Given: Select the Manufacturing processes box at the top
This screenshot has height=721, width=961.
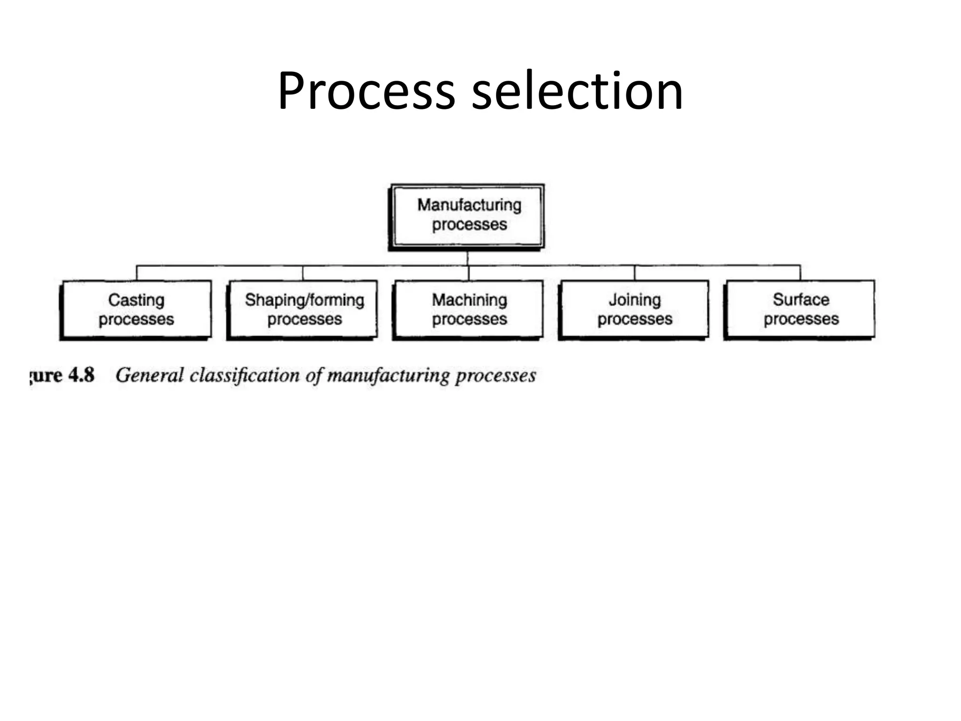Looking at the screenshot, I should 468,216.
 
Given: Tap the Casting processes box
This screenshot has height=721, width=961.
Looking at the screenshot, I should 137,309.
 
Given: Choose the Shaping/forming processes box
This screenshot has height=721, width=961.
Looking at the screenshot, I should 303,309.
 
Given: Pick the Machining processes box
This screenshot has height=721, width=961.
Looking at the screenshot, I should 469,309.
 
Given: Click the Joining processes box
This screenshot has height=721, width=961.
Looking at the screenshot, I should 634,309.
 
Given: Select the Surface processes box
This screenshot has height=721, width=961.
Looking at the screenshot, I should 800,309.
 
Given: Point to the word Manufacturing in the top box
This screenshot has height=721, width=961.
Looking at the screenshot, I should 469,205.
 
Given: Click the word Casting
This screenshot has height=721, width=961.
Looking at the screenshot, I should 136,300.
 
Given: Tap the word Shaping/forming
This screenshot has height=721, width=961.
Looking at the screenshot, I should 305,300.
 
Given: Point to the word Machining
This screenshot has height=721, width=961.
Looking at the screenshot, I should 469,300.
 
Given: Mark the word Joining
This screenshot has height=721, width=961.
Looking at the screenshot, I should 634,299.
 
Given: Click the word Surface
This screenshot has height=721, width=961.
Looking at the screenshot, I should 801,299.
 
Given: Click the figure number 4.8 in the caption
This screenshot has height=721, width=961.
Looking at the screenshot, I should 81,375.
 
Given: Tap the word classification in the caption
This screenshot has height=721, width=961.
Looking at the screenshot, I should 244,375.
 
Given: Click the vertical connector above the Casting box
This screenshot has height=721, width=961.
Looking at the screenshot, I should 137,273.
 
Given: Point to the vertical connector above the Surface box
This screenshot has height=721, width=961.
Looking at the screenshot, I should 800,273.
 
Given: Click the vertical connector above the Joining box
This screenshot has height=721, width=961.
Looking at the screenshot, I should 634,273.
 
